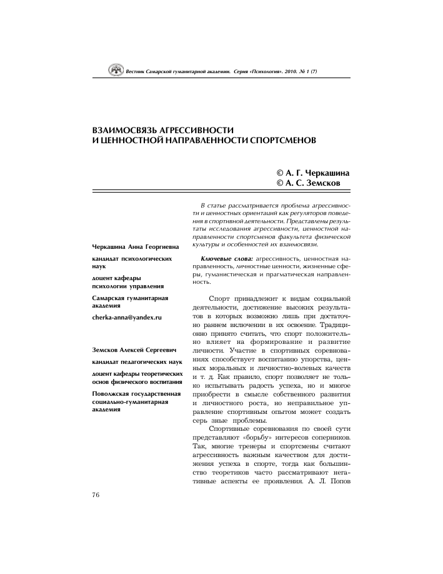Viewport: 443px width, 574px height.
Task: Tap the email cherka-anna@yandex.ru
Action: click(x=127, y=318)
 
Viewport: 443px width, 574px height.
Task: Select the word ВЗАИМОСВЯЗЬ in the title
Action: click(x=126, y=129)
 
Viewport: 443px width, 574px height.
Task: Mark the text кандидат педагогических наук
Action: click(x=137, y=362)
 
